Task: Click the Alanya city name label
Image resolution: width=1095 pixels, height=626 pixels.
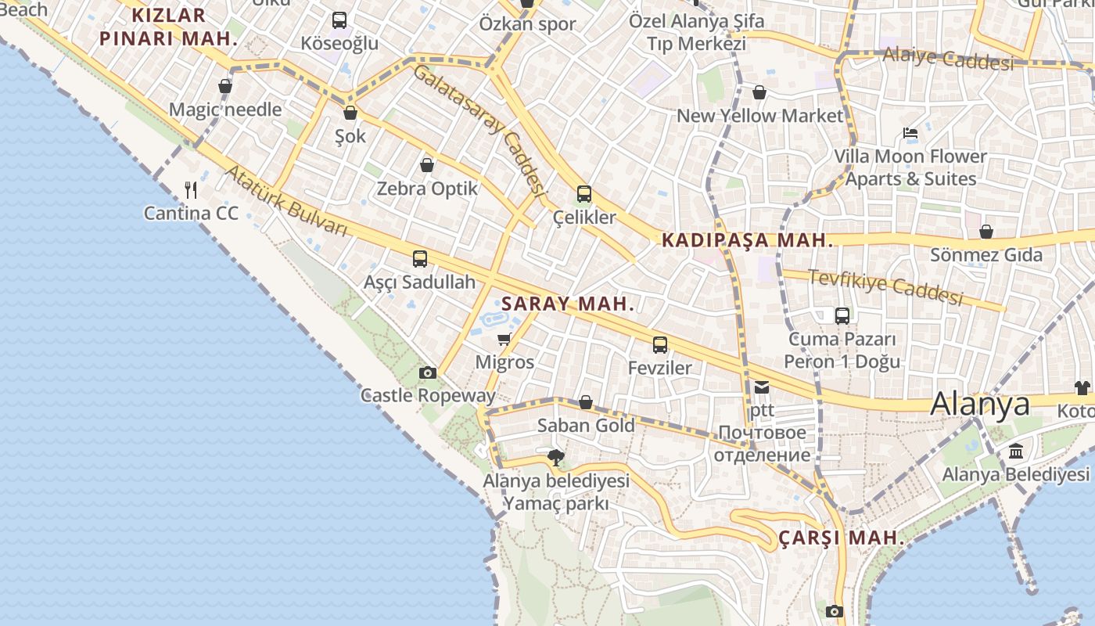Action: click(x=980, y=404)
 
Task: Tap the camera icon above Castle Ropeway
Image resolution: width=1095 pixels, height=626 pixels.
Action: click(x=428, y=373)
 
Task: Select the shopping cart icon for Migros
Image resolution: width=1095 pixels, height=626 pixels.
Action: click(x=504, y=340)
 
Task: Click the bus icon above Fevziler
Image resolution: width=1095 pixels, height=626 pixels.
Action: click(x=660, y=344)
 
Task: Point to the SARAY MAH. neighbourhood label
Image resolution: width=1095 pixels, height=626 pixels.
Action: click(x=568, y=304)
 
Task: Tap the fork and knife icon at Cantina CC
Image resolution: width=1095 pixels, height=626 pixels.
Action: click(x=191, y=189)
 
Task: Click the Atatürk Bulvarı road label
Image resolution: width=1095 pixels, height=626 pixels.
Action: click(x=286, y=200)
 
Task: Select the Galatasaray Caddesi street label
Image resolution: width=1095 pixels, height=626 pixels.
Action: click(x=479, y=129)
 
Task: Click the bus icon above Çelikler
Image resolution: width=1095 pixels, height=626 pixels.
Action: click(x=584, y=194)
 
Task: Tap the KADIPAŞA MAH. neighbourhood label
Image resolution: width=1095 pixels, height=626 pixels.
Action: click(x=748, y=240)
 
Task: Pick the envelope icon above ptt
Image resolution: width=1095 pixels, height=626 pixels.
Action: click(x=762, y=387)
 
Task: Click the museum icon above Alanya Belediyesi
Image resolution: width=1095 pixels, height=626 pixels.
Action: click(x=1016, y=452)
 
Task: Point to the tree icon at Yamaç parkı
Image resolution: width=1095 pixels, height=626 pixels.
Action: click(x=556, y=457)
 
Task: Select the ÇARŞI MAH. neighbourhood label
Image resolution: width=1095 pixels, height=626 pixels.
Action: click(x=842, y=538)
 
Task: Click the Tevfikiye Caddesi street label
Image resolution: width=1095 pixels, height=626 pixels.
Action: click(x=885, y=287)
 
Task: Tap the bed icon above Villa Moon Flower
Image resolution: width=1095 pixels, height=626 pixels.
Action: click(x=910, y=133)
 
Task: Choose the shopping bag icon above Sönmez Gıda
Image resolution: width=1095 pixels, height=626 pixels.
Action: click(x=986, y=232)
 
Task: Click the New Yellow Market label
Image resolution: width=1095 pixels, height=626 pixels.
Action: click(x=760, y=116)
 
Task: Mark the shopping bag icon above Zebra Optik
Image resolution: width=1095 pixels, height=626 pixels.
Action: click(x=427, y=165)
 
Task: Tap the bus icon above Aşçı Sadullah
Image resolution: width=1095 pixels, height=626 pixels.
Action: click(x=420, y=259)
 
